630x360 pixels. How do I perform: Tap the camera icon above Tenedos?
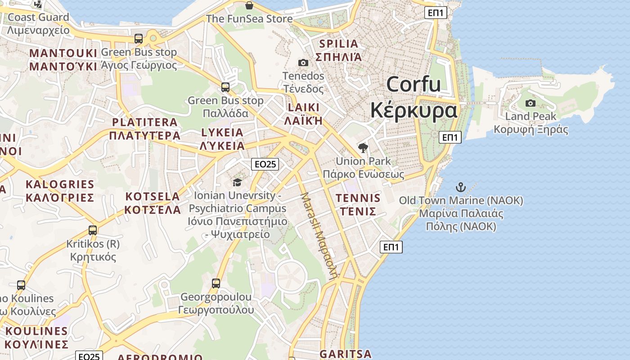[x=303, y=63]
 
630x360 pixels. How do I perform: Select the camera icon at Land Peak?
[x=531, y=103]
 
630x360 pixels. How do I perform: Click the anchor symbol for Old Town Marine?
[x=461, y=187]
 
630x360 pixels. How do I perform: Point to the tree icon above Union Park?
[x=363, y=148]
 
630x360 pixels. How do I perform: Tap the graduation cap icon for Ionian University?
[x=237, y=182]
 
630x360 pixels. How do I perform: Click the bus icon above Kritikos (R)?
[x=93, y=230]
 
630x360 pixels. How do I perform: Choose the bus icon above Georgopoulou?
[x=216, y=283]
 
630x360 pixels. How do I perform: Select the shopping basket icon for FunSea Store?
[x=249, y=5]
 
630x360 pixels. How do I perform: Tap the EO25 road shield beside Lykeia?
[x=265, y=164]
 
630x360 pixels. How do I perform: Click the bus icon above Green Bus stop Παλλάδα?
[x=225, y=87]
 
